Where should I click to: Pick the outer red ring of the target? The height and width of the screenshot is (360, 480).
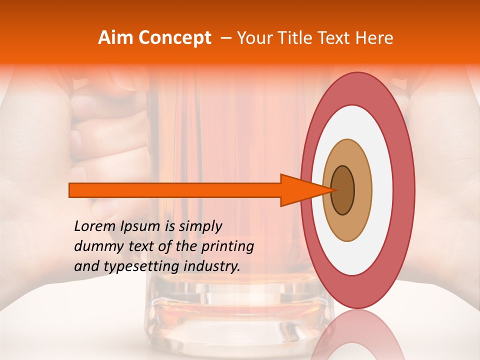[405, 190]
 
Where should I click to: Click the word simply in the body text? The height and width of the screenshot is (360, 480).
[200, 226]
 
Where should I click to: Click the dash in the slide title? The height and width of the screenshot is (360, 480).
[225, 38]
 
